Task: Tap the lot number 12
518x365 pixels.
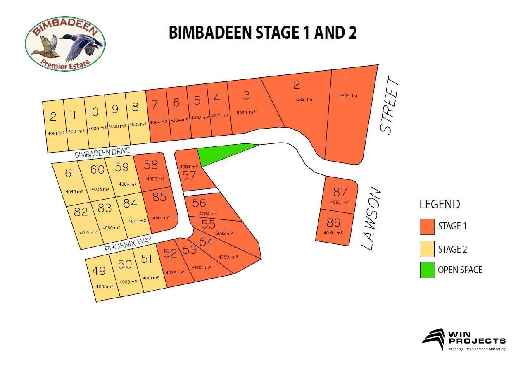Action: click(52, 117)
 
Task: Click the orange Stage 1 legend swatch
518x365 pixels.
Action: click(427, 226)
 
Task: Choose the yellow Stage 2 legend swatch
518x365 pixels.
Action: click(427, 249)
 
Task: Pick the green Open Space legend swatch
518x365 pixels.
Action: click(427, 270)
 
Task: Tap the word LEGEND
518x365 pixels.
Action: click(440, 204)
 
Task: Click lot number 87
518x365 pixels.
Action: click(340, 192)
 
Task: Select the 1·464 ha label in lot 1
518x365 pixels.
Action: click(348, 95)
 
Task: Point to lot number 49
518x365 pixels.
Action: click(99, 271)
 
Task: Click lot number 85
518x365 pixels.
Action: click(159, 198)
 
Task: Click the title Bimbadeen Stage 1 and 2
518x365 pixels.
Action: click(263, 33)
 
